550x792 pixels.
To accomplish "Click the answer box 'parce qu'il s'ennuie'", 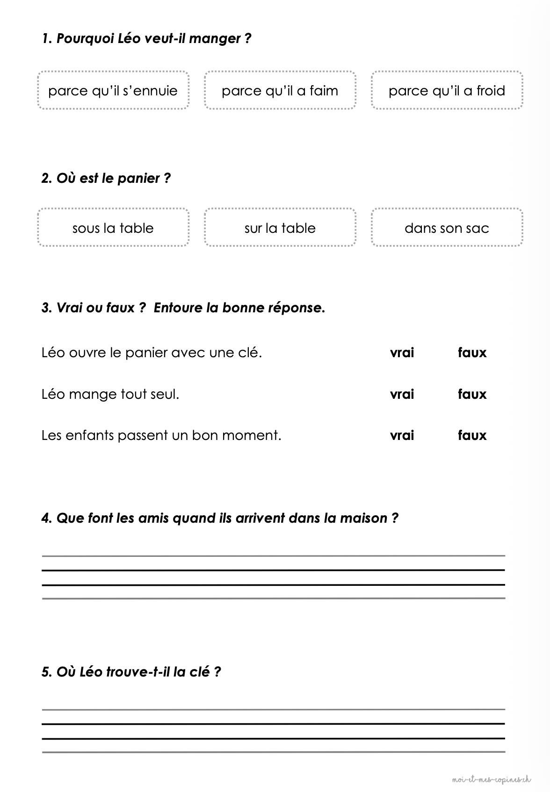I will (113, 90).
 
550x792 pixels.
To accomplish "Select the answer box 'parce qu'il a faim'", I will (280, 90).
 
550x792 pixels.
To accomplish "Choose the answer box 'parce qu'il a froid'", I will (447, 90).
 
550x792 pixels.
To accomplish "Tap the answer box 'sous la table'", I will (113, 228).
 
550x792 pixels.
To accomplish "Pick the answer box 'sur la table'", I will (280, 228).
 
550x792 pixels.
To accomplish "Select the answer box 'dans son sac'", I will (447, 228).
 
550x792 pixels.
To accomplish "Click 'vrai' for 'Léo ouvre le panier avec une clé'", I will (402, 353).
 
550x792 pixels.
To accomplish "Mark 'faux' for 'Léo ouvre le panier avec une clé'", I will (472, 353).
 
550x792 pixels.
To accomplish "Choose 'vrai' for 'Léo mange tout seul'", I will (402, 394).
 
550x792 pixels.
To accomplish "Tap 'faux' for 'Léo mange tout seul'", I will (472, 394).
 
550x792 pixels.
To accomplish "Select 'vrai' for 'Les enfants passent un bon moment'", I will (402, 435).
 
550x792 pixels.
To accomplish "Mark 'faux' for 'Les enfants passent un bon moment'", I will (472, 435).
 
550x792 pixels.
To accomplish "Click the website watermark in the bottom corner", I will (492, 779).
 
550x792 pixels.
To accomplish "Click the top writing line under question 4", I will (274, 556).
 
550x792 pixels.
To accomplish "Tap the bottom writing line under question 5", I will (274, 752).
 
